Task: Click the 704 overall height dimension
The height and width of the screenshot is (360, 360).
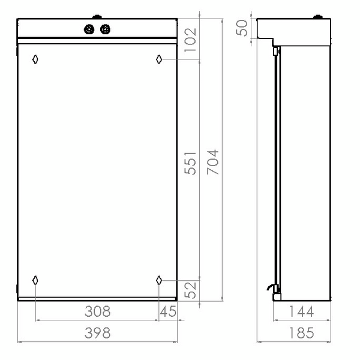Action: click(213, 162)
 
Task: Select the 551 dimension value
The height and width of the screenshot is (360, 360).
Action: click(191, 163)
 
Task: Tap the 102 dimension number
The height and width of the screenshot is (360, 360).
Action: click(191, 40)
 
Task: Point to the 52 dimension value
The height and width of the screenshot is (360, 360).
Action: click(191, 290)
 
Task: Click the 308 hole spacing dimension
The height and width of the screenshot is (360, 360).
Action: click(98, 311)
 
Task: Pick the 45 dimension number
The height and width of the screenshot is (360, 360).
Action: click(168, 311)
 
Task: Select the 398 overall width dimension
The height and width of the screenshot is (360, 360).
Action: click(98, 333)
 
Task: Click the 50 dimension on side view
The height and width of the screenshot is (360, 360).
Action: click(242, 28)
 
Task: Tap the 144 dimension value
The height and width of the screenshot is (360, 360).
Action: click(301, 311)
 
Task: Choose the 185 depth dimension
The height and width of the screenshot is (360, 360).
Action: click(301, 333)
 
